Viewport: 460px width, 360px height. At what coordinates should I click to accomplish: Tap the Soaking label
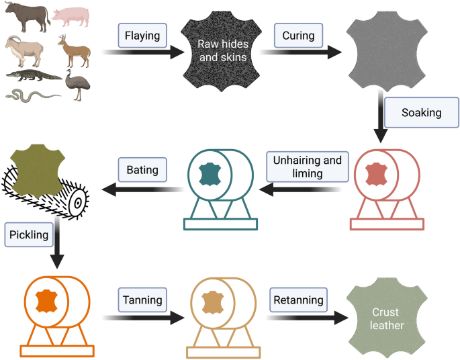[x=421, y=112]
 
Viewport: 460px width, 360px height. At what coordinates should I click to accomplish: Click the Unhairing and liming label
[x=306, y=167]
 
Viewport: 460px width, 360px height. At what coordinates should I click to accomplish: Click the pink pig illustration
[x=69, y=16]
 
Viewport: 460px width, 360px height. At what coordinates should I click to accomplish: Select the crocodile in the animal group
[x=34, y=75]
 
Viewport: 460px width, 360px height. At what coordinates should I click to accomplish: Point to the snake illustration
[x=30, y=95]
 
